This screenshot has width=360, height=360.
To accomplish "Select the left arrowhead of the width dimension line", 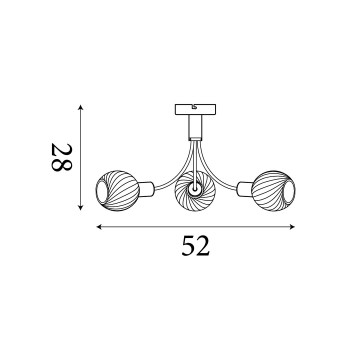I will pyautogui.click(x=100, y=227).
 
